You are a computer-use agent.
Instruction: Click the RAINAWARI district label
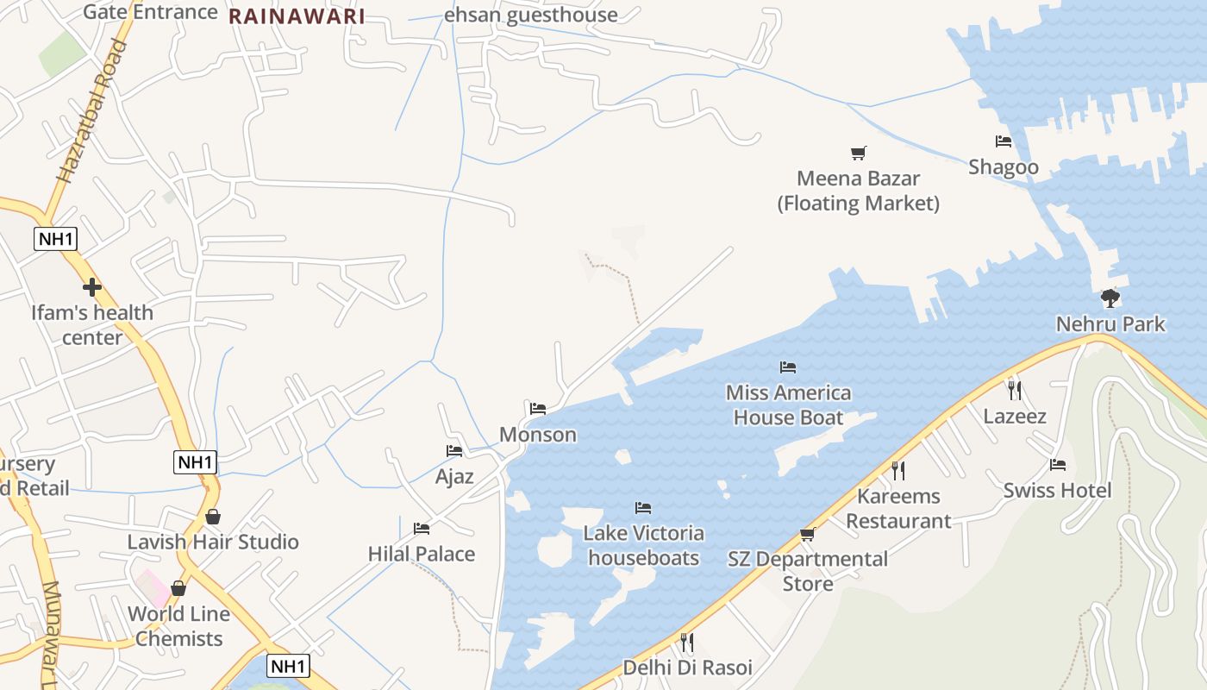pyautogui.click(x=297, y=16)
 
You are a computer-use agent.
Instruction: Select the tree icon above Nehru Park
pyautogui.click(x=1110, y=298)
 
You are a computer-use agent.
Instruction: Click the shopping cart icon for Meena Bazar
pyautogui.click(x=858, y=154)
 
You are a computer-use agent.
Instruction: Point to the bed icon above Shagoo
pyautogui.click(x=1004, y=141)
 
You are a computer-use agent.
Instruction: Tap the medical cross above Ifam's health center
pyautogui.click(x=92, y=287)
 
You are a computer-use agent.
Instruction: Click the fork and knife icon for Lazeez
pyautogui.click(x=1015, y=391)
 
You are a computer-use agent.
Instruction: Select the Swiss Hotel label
pyautogui.click(x=1057, y=491)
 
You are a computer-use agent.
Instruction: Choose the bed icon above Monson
pyautogui.click(x=538, y=409)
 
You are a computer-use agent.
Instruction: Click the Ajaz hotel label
pyautogui.click(x=454, y=476)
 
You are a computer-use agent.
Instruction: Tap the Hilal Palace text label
pyautogui.click(x=422, y=554)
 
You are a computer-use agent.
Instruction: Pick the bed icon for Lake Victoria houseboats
pyautogui.click(x=643, y=508)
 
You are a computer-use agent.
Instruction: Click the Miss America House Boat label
pyautogui.click(x=788, y=405)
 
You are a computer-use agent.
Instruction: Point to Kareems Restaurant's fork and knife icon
pyautogui.click(x=898, y=470)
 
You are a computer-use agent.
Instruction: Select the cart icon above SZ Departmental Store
pyautogui.click(x=808, y=535)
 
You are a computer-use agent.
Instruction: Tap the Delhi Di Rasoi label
pyautogui.click(x=687, y=668)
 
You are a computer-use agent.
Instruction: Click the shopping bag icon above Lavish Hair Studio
pyautogui.click(x=213, y=517)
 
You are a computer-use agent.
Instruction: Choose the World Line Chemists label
pyautogui.click(x=179, y=626)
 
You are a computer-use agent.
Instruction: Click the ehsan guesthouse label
pyautogui.click(x=531, y=15)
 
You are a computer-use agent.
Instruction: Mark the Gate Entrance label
pyautogui.click(x=150, y=12)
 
